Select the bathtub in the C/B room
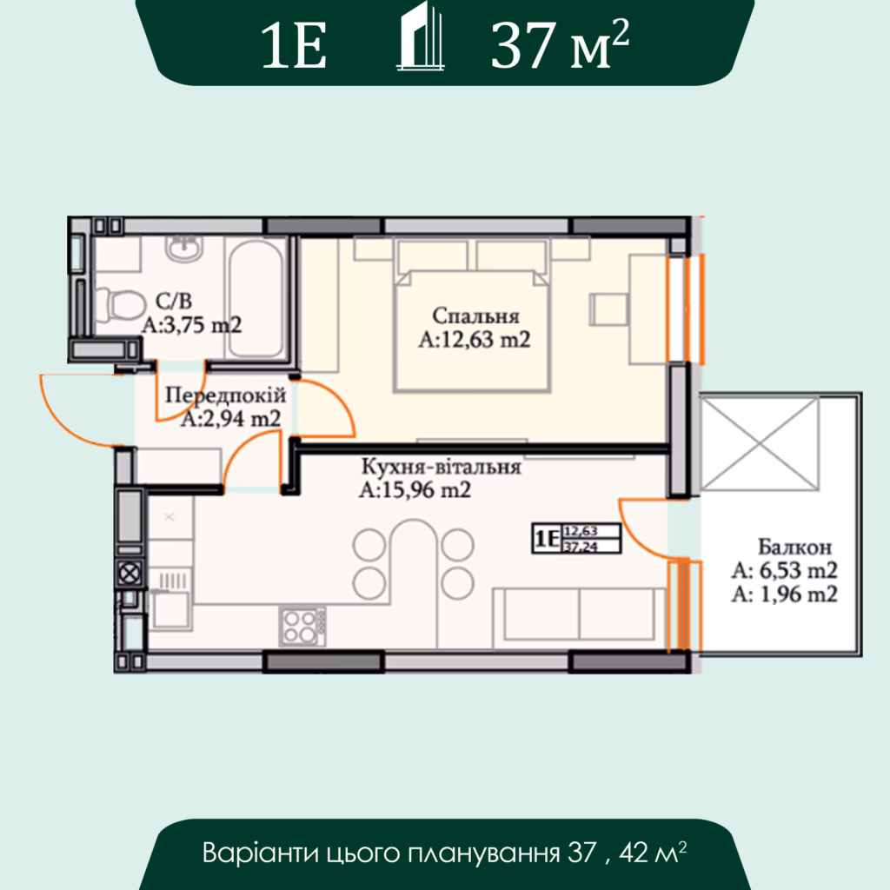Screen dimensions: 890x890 pos(256,299)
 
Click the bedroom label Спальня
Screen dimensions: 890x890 pos(475,316)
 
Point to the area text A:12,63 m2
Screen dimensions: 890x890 pos(475,340)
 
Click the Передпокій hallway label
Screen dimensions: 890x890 pos(225,395)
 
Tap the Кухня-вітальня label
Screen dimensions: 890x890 pos(441,467)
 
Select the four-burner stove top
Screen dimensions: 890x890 pos(302,626)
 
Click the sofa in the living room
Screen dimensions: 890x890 pos(579,618)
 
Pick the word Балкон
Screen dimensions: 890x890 pos(794,547)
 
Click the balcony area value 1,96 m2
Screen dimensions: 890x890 pos(799,594)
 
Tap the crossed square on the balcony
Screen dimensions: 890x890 pos(760,444)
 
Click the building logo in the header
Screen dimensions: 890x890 pos(421,37)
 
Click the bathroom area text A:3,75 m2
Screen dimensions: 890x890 pos(192,325)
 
